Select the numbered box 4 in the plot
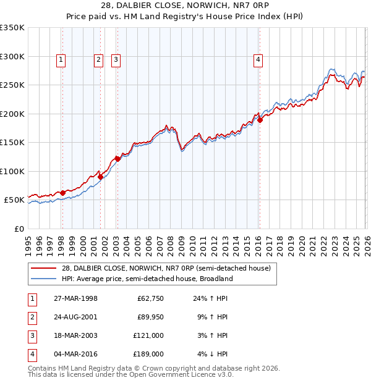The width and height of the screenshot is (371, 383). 258,60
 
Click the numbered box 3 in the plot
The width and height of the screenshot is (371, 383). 116,60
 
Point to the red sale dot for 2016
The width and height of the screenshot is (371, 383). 260,120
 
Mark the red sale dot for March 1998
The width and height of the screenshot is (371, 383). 62,193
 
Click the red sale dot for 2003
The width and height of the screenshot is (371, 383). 117,159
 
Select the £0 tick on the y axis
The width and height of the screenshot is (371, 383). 19,229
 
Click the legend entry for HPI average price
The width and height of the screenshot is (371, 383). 147,279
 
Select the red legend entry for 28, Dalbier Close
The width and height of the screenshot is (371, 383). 166,269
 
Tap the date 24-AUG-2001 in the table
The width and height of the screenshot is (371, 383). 75,318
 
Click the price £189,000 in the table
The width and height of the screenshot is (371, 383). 148,354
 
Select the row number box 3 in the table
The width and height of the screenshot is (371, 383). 32,335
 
